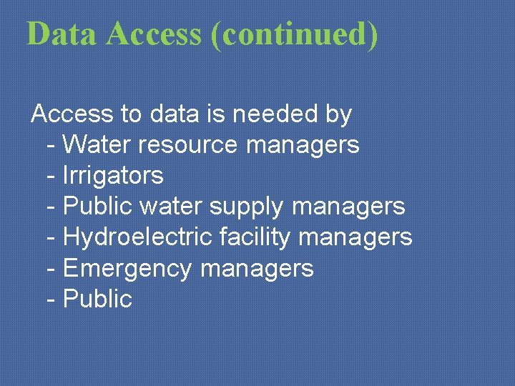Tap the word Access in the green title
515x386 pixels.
point(154,34)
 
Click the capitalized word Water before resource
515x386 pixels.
point(97,144)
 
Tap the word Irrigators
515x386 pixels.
point(113,176)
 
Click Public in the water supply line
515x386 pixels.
point(97,207)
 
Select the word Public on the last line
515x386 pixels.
point(97,299)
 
